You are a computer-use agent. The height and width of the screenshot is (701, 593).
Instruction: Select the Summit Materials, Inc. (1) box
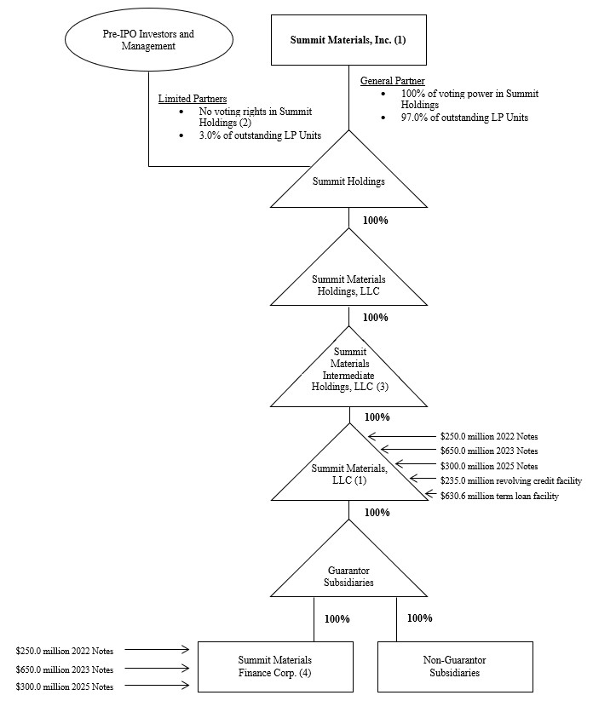coord(348,40)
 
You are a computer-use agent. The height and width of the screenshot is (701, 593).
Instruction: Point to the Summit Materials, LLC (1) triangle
coord(348,474)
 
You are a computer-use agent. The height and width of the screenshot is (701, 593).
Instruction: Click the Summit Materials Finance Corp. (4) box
coord(274,666)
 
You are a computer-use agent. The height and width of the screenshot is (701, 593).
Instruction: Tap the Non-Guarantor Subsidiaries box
coord(455,666)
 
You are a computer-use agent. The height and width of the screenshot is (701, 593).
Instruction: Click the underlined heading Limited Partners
coord(192,99)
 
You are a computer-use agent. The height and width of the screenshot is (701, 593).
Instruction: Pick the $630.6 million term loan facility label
coord(499,496)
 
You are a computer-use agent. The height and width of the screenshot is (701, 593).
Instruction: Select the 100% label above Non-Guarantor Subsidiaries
coord(419,618)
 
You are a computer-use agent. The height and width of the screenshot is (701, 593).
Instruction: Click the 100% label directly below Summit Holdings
coord(375,220)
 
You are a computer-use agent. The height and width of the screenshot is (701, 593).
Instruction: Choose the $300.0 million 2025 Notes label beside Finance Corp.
coord(65,687)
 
